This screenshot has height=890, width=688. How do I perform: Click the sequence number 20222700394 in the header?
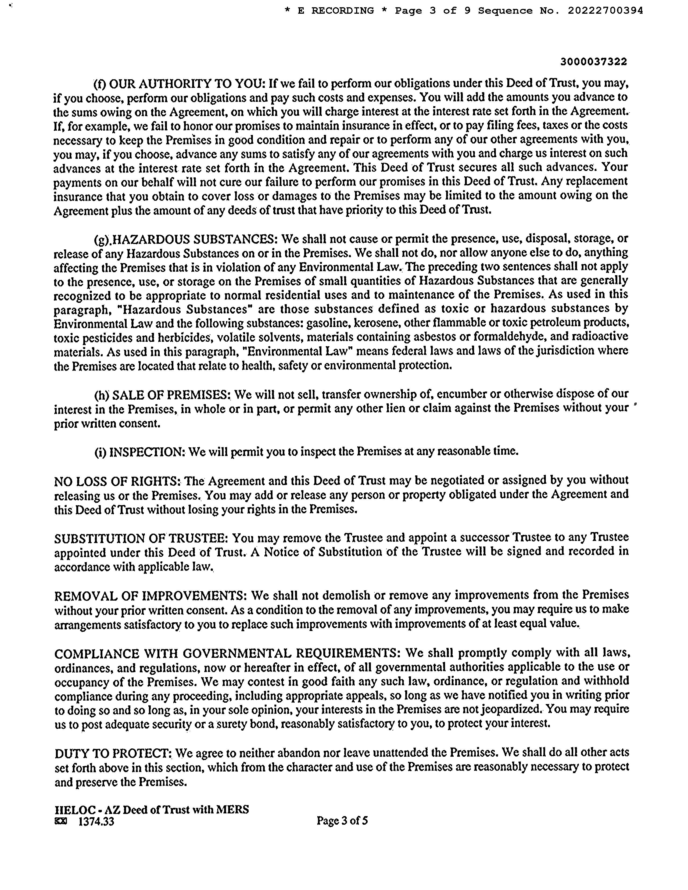pyautogui.click(x=605, y=11)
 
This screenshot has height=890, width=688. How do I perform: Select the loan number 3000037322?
pyautogui.click(x=593, y=62)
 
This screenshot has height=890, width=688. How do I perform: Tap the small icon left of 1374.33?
pyautogui.click(x=60, y=821)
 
